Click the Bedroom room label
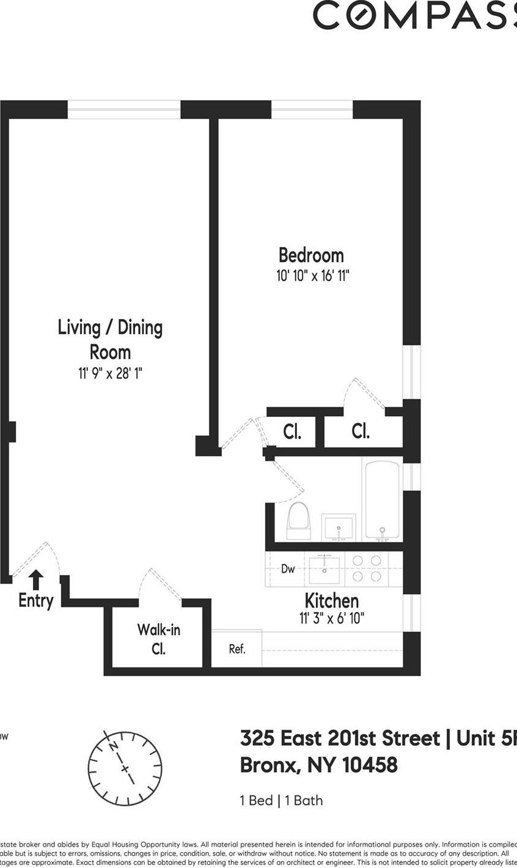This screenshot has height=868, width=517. point(311,255)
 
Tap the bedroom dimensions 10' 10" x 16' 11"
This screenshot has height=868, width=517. point(312,276)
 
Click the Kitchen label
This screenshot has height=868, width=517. point(331,600)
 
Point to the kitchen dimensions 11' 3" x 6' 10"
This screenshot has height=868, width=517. point(331,619)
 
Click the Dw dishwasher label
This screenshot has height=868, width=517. point(288,569)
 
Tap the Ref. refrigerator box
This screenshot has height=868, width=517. point(237,649)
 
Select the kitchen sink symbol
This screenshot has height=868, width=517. point(324,570)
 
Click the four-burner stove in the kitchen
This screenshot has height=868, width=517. point(367,568)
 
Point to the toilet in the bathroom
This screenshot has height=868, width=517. point(298,521)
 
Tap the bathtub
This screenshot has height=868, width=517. point(382,500)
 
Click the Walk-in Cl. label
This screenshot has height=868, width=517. point(158,639)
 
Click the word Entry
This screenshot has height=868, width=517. point(35,601)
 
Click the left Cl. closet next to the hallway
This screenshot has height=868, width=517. point(292,432)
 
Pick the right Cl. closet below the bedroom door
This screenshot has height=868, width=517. point(361,432)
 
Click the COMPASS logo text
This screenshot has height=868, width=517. point(415,15)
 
